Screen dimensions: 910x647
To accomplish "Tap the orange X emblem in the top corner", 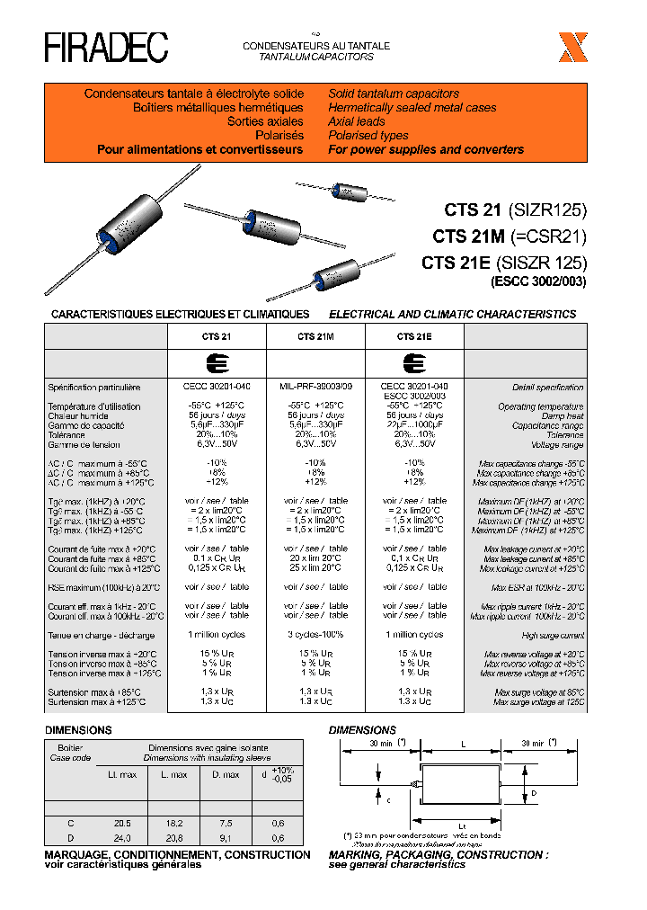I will point(572,47).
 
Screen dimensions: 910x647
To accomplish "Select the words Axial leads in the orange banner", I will point(357,121).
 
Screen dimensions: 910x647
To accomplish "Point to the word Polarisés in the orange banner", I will point(279,136).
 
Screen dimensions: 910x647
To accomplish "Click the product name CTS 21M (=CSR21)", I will point(509,236).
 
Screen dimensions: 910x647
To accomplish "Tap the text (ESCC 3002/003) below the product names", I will point(537,281).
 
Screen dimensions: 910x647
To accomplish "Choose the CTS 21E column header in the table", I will point(414,335).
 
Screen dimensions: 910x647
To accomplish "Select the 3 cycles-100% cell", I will point(315,634).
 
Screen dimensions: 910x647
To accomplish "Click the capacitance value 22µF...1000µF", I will point(414,425).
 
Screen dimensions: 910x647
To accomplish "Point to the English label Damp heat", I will point(562,416).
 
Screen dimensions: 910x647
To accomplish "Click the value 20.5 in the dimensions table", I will point(122,823).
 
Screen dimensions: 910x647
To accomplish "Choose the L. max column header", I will point(173,774).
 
